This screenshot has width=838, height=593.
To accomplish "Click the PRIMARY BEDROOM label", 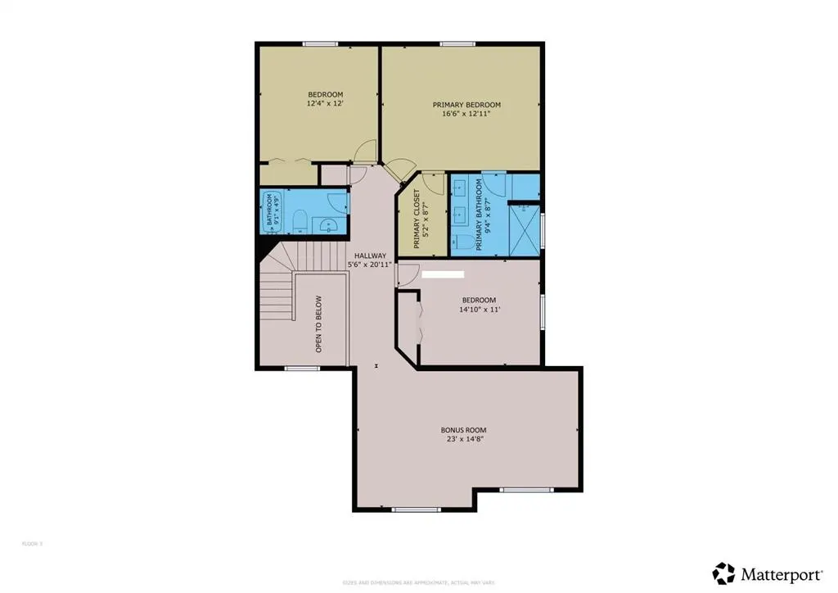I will point(466,105).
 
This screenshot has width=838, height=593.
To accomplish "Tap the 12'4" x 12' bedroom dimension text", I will point(325,104).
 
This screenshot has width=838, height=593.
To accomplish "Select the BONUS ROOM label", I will point(464,430).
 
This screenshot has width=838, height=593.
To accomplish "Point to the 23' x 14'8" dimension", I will point(464,440).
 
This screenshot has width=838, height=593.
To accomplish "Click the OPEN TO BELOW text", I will point(319,324).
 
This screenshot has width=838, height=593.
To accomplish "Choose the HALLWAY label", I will point(370,256).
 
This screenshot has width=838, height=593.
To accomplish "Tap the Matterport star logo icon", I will point(723,573).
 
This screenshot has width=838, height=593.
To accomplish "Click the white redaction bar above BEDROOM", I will point(443,275).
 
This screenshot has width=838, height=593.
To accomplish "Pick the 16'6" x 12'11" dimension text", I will point(466,115).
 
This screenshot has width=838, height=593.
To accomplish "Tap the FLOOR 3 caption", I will point(31,543).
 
